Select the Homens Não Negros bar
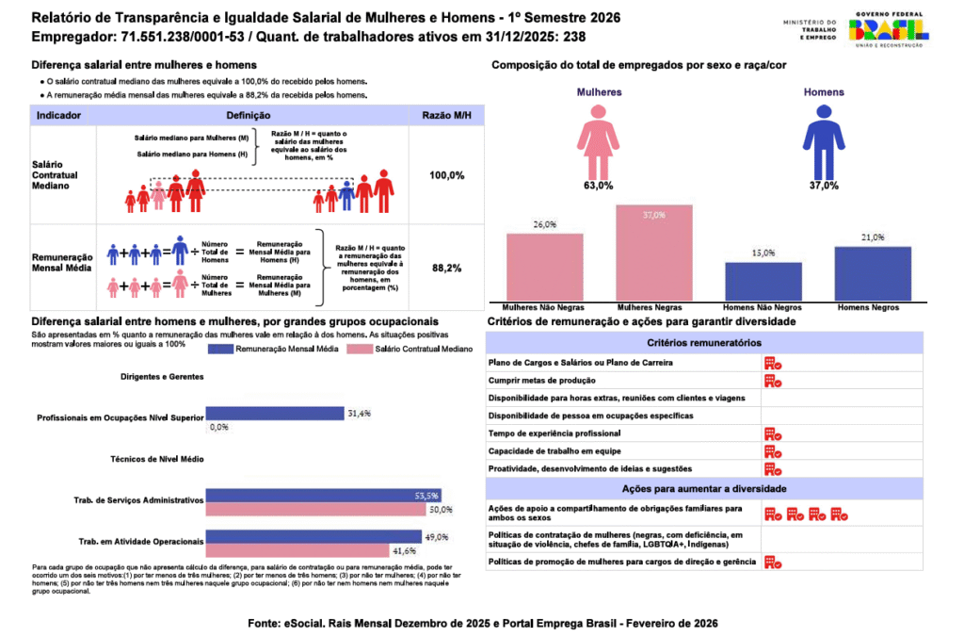point(763,281)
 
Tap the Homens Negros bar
point(873,273)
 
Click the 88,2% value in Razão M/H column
point(446,269)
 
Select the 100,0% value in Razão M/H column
point(446,176)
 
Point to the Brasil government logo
point(888,28)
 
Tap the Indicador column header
point(58,115)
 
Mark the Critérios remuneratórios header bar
point(704,343)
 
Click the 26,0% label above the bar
point(544,224)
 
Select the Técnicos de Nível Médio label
point(163,459)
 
